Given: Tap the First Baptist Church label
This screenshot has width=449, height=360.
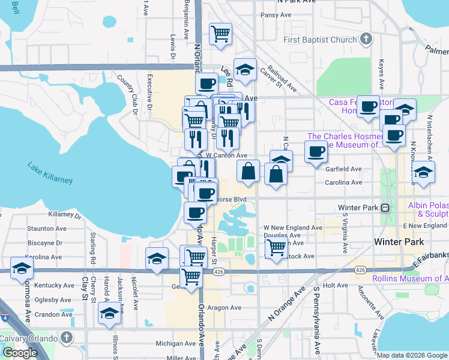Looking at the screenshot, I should coord(320,40).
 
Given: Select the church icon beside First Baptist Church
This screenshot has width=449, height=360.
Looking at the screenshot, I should coord(366,40).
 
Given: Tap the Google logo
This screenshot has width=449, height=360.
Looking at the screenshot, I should coord(20,353).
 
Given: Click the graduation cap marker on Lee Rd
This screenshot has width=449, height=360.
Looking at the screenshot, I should coord(245,70).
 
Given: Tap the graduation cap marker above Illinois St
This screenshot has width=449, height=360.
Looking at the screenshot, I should coord(109,314).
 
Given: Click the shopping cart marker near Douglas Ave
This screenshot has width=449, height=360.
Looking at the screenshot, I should coord(276,247).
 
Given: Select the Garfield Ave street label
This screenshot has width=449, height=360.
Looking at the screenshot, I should coord(343,169).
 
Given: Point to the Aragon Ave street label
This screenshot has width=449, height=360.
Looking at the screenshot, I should coord(224,308).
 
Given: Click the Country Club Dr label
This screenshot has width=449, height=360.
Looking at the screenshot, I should coord(127,94).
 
